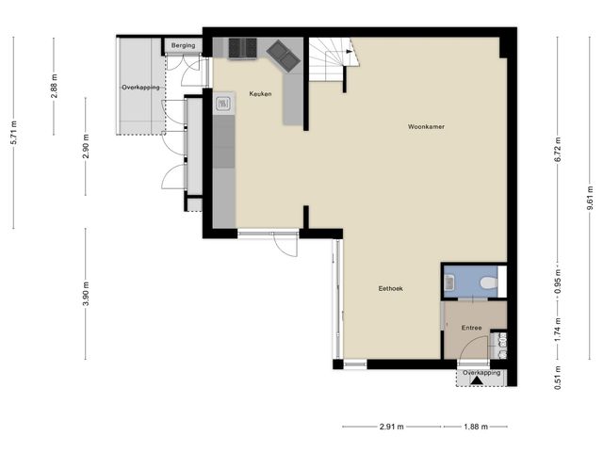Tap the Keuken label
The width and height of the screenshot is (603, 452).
[261, 94]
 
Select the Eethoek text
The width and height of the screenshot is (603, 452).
[390, 288]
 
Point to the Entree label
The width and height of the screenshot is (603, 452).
[471, 328]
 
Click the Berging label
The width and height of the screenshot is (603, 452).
[183, 45]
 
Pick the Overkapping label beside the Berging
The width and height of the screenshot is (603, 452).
[140, 87]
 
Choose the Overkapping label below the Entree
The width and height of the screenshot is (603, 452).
[481, 373]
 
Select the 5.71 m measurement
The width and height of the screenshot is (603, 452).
[13, 132]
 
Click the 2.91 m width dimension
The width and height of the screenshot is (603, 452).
[390, 427]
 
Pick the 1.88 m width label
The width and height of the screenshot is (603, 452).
[476, 427]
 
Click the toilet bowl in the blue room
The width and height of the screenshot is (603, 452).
[487, 282]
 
